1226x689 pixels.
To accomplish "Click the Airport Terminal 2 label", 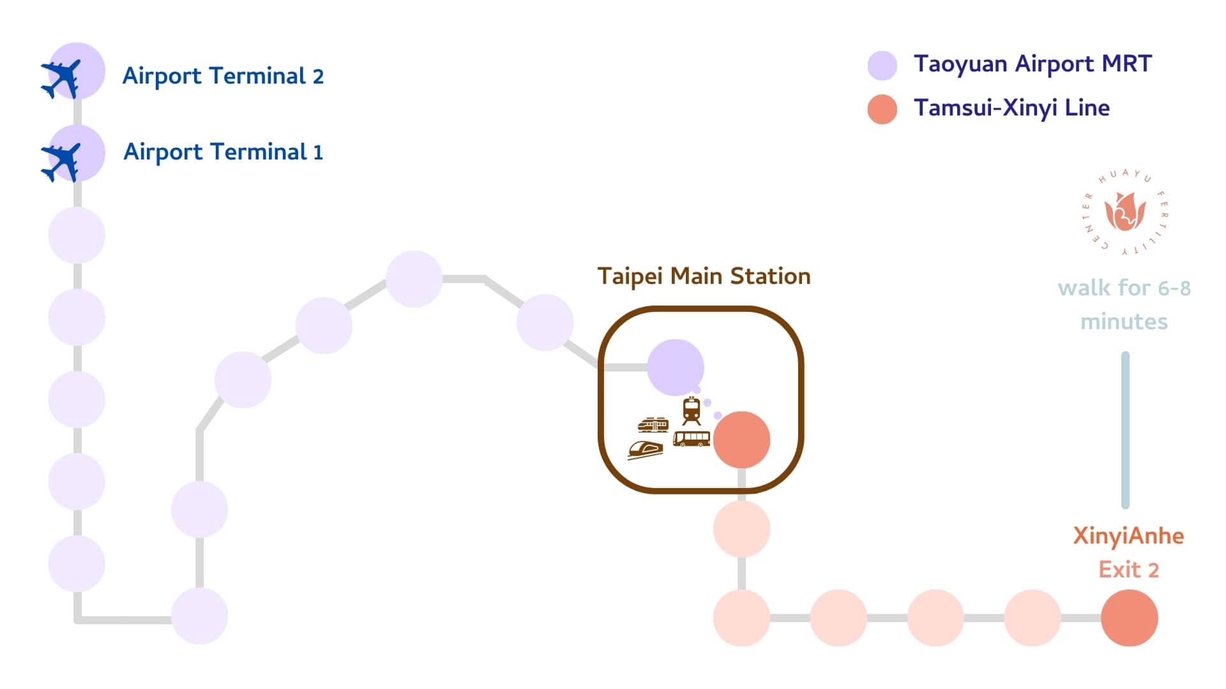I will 223,76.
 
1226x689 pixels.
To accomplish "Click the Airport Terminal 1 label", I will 223,152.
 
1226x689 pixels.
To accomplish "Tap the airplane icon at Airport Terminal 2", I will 61,78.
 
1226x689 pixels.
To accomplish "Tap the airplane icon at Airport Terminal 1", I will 61,162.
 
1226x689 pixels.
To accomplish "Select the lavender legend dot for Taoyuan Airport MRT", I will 882,65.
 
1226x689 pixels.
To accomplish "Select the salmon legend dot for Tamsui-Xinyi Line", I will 882,109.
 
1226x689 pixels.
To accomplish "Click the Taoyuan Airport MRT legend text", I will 1032,64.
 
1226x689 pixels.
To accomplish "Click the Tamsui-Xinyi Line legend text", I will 1011,108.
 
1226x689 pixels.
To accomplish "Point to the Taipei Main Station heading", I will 704,276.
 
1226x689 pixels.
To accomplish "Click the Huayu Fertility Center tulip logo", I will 1125,213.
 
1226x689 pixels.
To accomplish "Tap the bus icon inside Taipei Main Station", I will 691,438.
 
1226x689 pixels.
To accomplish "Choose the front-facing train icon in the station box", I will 691,410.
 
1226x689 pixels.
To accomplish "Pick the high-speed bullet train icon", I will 645,449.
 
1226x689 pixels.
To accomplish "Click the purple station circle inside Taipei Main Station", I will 675,367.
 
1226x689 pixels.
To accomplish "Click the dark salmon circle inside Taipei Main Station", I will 741,440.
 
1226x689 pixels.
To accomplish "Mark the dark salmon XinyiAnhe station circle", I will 1129,618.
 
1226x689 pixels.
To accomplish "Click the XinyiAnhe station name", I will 1128,536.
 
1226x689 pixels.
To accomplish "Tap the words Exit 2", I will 1128,569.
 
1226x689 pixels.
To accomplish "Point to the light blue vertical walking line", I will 1125,430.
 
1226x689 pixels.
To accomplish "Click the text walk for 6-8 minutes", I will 1124,304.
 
